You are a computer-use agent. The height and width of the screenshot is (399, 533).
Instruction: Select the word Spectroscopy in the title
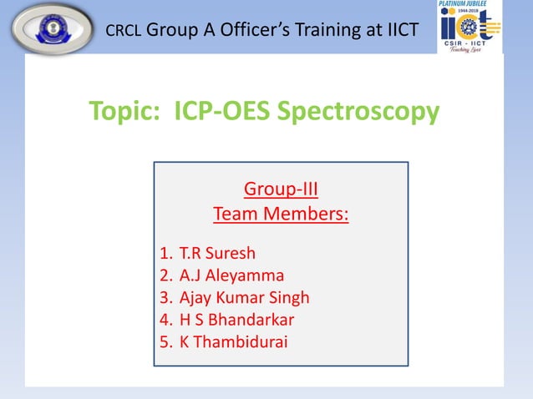point(367,111)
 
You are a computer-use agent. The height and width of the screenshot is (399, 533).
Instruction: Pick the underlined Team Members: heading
point(281,215)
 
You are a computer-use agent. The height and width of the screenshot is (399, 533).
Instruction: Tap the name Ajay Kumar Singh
point(245,297)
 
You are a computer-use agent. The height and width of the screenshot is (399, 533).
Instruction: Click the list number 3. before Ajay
point(165,297)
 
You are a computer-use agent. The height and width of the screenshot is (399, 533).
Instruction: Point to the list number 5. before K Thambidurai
point(165,341)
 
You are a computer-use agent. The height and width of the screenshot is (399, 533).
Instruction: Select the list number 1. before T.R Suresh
point(165,253)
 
